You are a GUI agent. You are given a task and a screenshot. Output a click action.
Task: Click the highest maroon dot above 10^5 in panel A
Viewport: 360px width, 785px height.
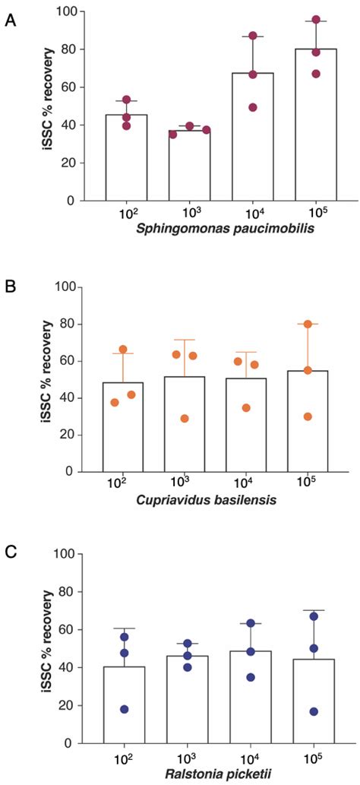[x=295, y=20]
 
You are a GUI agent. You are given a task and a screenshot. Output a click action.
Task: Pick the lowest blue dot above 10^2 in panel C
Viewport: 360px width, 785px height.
[x=124, y=709]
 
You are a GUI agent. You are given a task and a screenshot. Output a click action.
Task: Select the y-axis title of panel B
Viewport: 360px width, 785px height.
[x=47, y=380]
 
